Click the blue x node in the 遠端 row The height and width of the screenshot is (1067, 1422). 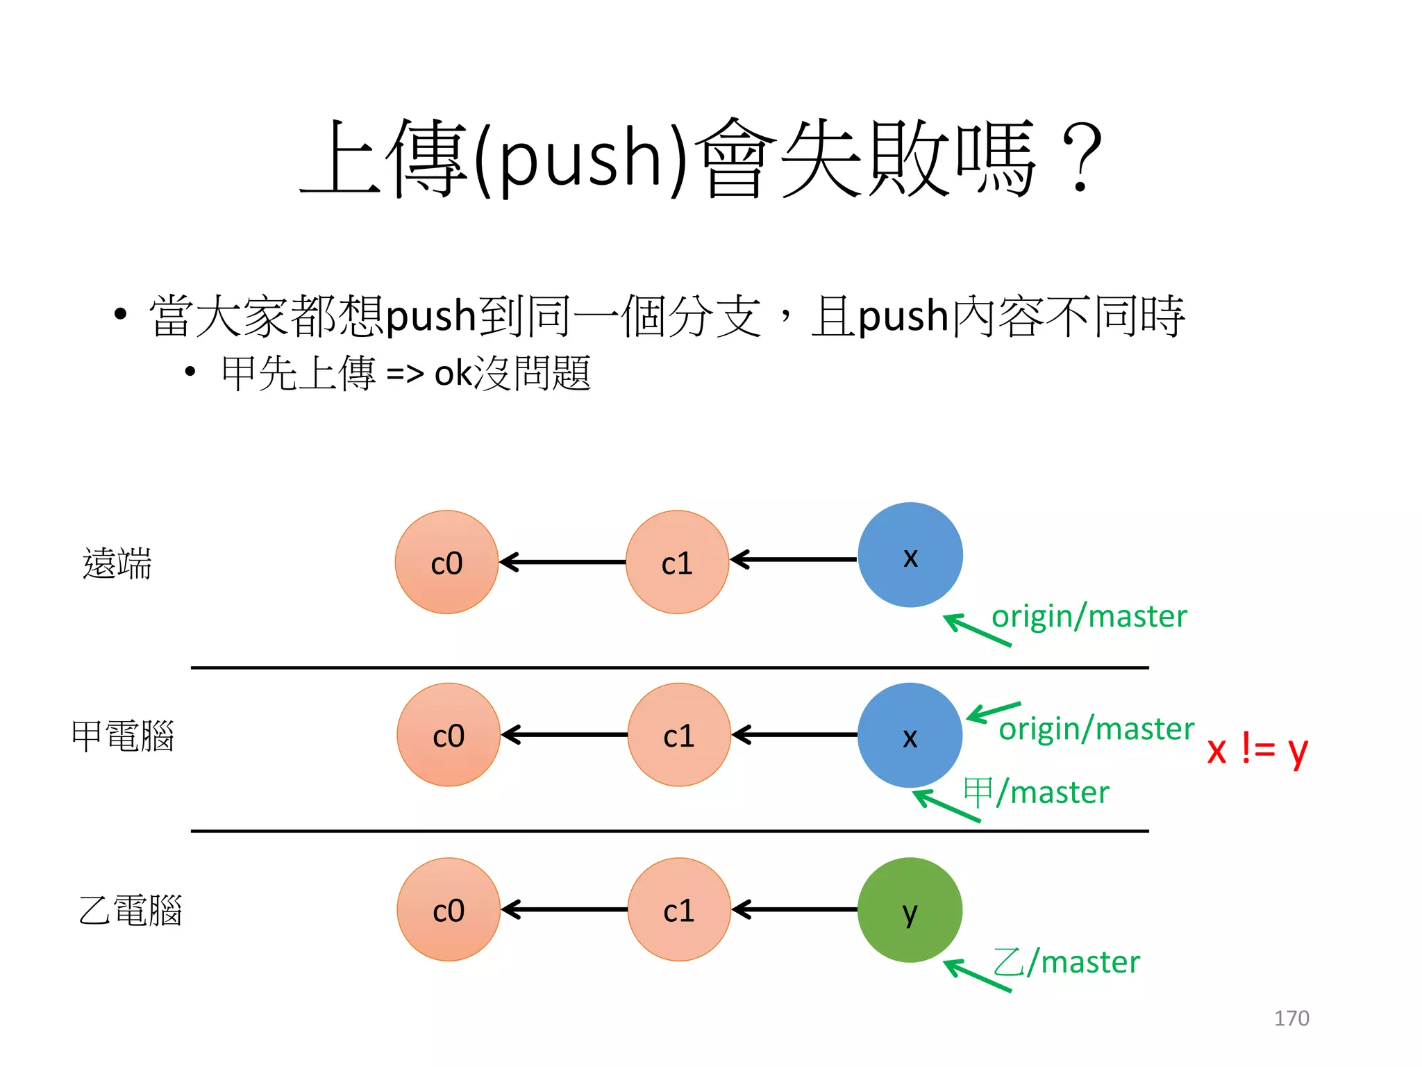[x=910, y=555]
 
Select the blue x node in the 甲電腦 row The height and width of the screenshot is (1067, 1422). [x=910, y=735]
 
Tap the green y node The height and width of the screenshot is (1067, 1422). [x=910, y=910]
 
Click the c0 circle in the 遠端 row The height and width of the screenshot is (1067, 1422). [x=446, y=562]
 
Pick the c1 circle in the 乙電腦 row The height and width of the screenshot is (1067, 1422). [x=678, y=909]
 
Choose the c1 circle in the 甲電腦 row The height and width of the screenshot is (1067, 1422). [x=678, y=735]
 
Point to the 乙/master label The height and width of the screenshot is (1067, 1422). [x=1066, y=963]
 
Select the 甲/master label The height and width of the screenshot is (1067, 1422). [x=1036, y=793]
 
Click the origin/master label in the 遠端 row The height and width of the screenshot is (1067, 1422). [x=1089, y=617]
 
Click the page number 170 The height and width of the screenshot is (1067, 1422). [x=1291, y=1018]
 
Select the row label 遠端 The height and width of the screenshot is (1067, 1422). [x=117, y=563]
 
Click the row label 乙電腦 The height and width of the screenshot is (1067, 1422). [x=130, y=911]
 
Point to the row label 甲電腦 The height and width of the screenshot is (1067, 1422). [x=122, y=736]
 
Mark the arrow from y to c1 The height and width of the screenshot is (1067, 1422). [x=794, y=909]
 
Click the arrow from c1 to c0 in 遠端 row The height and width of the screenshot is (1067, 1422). [x=562, y=562]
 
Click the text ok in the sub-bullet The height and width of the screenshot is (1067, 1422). [x=453, y=374]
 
